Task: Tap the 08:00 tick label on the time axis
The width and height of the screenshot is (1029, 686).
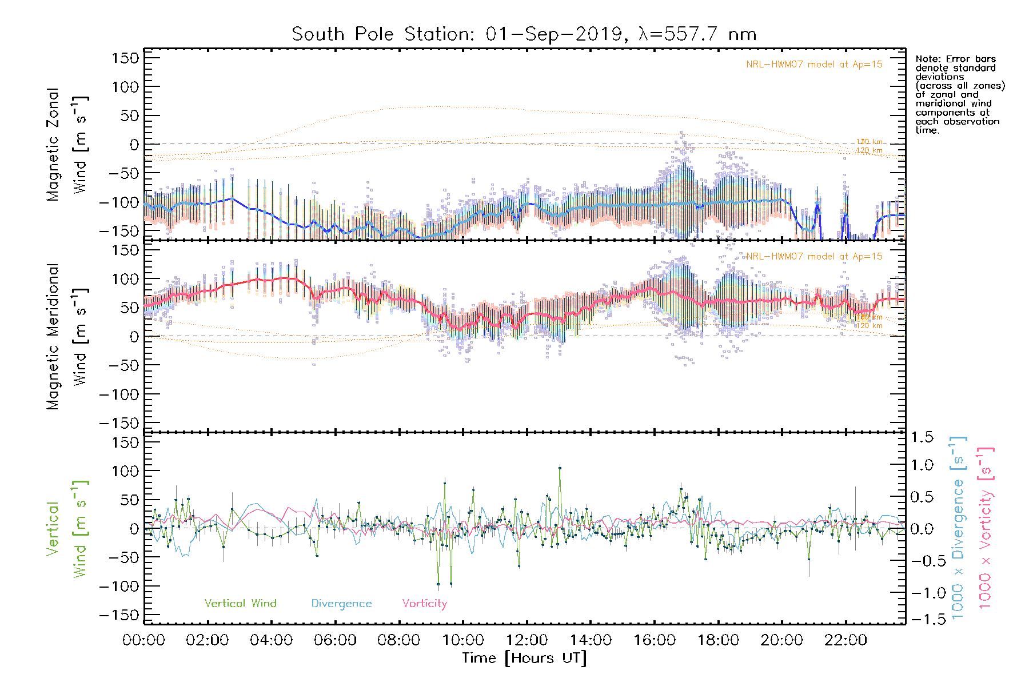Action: click(x=398, y=640)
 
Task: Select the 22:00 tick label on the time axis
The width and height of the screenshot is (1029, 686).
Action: click(x=845, y=640)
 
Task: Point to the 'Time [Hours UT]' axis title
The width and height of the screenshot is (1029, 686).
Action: click(x=524, y=658)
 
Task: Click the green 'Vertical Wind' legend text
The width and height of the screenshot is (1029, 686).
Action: click(x=240, y=604)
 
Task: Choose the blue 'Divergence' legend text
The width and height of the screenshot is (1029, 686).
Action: click(x=341, y=604)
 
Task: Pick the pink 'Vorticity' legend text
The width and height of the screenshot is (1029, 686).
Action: click(x=424, y=604)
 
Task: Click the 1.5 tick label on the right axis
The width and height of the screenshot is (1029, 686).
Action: click(x=922, y=437)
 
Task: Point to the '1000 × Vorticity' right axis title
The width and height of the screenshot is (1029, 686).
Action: click(x=985, y=528)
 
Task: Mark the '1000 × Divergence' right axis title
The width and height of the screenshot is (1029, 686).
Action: click(x=958, y=528)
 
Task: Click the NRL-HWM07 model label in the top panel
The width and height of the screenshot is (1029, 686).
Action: click(x=814, y=65)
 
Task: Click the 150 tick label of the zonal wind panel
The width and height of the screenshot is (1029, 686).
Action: click(x=125, y=58)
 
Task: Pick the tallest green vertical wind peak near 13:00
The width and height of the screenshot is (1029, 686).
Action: click(x=560, y=468)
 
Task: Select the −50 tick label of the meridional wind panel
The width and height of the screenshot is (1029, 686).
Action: click(x=122, y=365)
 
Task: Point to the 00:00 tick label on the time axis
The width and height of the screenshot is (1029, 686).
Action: click(x=143, y=640)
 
